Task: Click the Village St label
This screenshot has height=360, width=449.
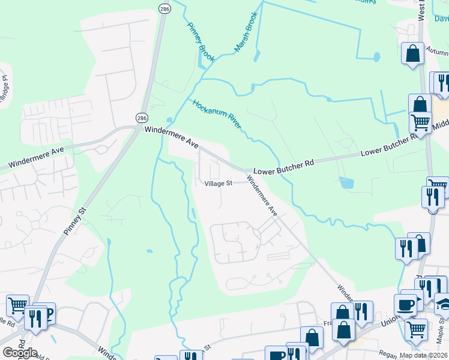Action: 218,184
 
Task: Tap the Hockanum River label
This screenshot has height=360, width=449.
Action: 217,113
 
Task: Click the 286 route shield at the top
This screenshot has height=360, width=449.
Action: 164,8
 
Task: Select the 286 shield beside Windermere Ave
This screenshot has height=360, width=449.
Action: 142,118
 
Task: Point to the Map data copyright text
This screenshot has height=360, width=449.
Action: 424,355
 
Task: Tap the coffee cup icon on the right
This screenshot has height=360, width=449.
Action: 405,304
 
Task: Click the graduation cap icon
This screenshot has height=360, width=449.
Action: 443,304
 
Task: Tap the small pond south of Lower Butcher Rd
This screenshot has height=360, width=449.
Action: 346,182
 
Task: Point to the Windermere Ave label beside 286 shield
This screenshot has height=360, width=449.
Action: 172,137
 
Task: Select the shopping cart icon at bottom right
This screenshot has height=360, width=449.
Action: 416,328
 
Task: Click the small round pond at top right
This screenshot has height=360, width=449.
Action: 376,57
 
